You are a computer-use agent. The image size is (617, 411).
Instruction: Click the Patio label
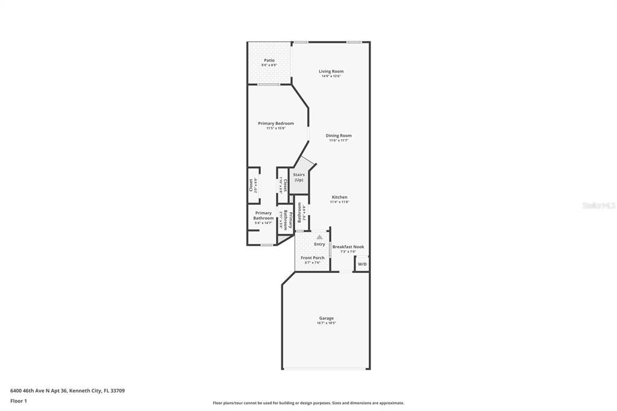point(269,60)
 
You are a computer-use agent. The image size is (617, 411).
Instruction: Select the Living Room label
point(331,71)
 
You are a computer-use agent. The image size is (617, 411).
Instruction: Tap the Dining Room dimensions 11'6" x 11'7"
point(339,140)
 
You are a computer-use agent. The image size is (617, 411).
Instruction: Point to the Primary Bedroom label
point(276,124)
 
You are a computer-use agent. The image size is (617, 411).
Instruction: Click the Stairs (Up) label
point(299,177)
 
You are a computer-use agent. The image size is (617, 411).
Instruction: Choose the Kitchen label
point(339,197)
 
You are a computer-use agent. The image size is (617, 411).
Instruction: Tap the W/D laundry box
point(362,264)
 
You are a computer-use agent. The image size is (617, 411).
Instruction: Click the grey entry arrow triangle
point(319,237)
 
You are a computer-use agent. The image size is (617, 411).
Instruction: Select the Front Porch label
point(313,257)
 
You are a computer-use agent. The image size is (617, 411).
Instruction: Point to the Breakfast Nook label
point(348,246)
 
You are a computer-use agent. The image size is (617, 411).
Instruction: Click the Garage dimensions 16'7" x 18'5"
point(326,323)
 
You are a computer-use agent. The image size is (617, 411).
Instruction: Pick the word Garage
point(326,318)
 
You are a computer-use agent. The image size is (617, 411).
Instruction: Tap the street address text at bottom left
point(67,391)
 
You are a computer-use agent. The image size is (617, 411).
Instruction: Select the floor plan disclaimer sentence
point(308,403)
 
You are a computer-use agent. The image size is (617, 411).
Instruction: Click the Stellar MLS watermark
point(598,205)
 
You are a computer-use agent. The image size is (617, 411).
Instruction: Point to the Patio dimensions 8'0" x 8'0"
point(269,65)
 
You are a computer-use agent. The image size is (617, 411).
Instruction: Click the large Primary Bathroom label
point(263,215)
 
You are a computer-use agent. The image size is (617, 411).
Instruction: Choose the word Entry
point(319,244)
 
